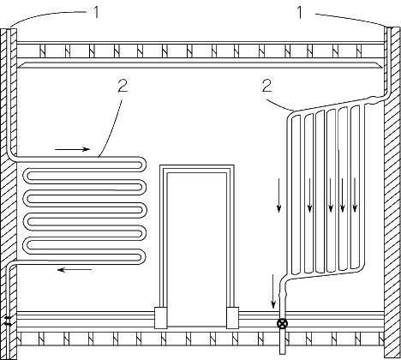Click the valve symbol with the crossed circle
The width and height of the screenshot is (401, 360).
coord(283,324)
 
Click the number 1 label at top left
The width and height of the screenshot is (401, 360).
coord(97,12)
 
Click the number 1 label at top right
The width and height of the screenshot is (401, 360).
coord(300,12)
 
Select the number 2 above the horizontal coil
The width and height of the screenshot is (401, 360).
coord(123,86)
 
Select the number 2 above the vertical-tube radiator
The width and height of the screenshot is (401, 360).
coord(266,86)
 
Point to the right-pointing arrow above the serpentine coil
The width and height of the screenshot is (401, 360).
coord(73,149)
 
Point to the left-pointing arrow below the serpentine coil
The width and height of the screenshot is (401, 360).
coord(75,270)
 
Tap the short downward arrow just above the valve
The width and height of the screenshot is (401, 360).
coord(273,291)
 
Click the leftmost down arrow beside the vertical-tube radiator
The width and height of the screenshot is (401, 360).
coord(279,195)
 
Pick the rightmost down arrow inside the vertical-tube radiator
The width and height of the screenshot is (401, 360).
coord(355,195)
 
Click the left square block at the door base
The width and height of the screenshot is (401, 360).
coord(160,318)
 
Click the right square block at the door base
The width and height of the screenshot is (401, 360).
coord(232,318)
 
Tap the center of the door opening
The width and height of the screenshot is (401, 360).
coord(197,249)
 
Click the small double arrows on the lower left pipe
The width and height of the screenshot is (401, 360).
coord(8,321)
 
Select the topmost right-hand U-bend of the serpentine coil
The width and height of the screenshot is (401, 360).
coord(142,164)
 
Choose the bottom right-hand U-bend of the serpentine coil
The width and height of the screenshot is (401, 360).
coord(142,256)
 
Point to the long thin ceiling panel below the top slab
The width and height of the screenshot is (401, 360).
coord(200,65)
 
